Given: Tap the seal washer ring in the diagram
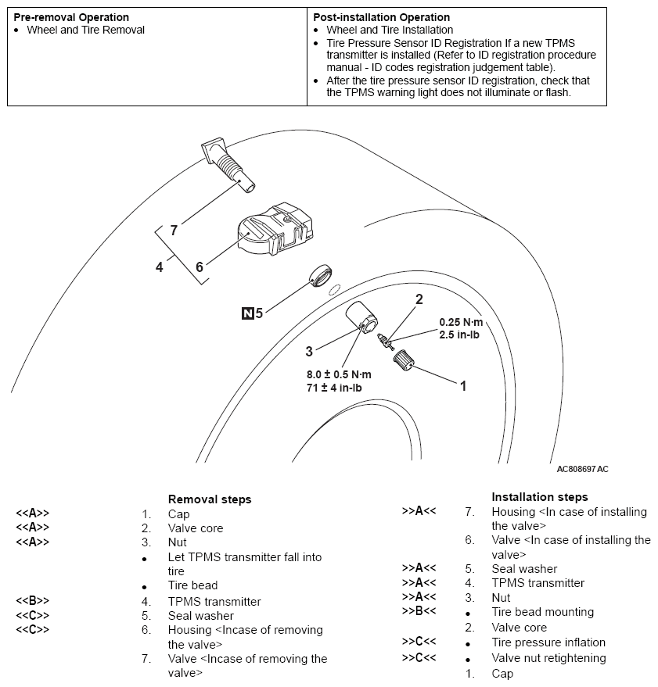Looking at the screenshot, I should click(320, 277).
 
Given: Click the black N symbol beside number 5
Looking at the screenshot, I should click(247, 314).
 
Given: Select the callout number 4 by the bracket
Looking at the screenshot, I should click(159, 267).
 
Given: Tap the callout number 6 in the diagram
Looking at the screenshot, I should click(199, 267).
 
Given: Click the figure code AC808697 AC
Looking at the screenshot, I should click(582, 470).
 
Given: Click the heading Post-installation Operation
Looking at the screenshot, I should click(381, 17).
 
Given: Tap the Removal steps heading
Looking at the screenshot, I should click(210, 499).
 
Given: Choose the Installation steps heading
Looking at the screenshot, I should click(540, 496).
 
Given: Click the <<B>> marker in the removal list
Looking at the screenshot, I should click(32, 601).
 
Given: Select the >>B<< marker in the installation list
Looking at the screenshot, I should click(419, 611).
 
